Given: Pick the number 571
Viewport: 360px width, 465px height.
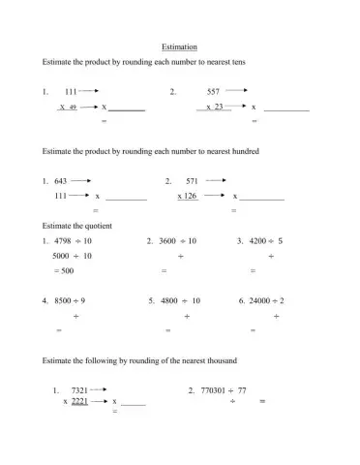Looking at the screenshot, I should (192, 181).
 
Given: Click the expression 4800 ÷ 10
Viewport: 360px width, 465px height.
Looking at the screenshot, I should (181, 301).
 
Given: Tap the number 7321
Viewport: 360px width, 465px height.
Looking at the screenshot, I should (80, 390).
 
